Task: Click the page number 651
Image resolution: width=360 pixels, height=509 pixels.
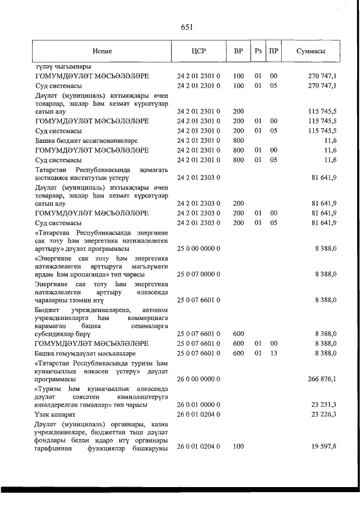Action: click(187, 26)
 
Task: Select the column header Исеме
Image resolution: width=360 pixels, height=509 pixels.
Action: click(102, 51)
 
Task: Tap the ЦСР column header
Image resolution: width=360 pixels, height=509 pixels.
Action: click(199, 51)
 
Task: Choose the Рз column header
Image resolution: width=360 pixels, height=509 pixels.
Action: click(258, 51)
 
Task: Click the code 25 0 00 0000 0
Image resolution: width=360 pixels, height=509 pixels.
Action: click(199, 249)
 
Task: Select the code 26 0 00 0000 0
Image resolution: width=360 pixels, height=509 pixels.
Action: click(199, 379)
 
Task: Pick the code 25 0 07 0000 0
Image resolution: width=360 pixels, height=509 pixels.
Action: click(199, 274)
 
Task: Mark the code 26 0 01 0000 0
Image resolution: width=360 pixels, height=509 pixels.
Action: click(199, 404)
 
